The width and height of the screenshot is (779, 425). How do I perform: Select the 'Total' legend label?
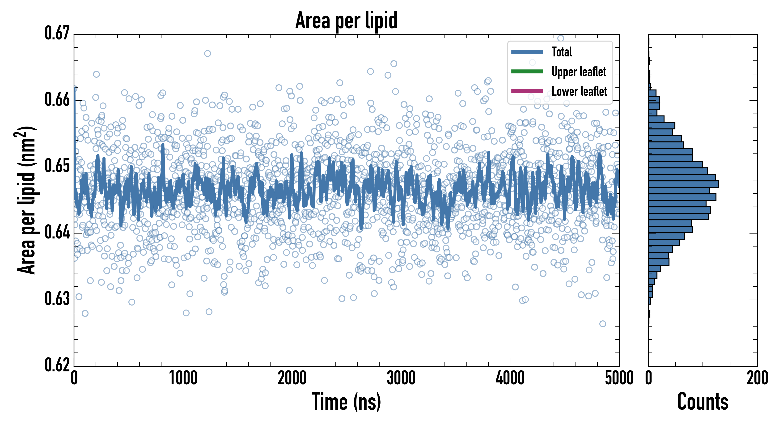click(562, 52)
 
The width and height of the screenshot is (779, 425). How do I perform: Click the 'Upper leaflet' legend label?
click(579, 72)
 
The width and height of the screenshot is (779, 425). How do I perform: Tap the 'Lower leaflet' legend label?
click(579, 91)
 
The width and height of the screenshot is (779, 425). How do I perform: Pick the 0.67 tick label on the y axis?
click(57, 33)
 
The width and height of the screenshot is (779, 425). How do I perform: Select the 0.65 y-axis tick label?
click(57, 166)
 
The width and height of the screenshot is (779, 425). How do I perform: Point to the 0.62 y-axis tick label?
click(57, 365)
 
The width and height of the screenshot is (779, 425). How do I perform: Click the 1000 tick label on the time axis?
click(183, 378)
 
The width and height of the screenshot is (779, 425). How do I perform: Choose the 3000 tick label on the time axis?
click(401, 378)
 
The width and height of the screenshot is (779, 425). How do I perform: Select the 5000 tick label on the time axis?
click(619, 378)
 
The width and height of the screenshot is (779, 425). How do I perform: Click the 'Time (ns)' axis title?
click(346, 402)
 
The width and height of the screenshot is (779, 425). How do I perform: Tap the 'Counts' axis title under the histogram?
click(703, 402)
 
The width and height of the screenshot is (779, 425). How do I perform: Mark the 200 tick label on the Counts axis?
click(757, 378)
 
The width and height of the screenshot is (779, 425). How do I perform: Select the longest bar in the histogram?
click(683, 184)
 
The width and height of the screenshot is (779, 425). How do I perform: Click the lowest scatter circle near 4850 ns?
click(603, 324)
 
